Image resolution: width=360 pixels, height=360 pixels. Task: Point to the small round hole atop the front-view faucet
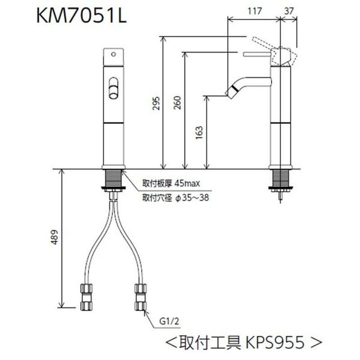click(x=113, y=54)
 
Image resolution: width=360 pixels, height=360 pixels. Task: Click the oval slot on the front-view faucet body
click(x=113, y=86)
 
